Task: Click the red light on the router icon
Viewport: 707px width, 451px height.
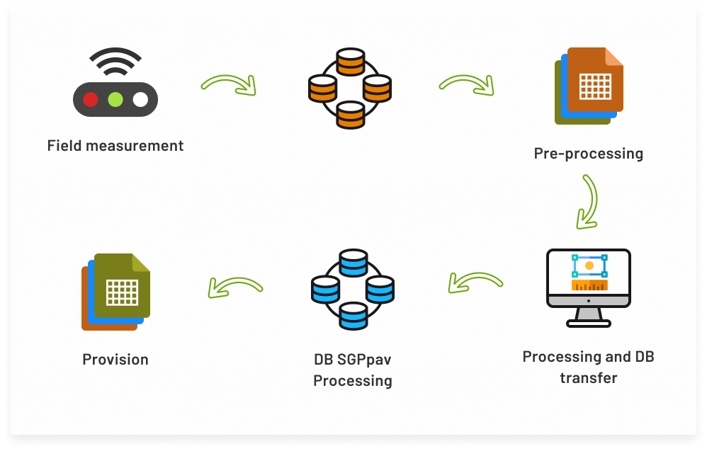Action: [91, 99]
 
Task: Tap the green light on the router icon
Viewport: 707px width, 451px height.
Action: [115, 99]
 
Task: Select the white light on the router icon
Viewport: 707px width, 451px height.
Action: [140, 99]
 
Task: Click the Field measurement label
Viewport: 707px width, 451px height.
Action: [115, 146]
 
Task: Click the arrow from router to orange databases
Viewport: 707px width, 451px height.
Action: [228, 85]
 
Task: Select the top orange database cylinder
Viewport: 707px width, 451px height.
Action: [349, 62]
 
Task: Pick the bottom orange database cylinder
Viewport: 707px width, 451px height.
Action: [349, 115]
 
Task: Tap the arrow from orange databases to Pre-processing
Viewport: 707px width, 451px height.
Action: [465, 85]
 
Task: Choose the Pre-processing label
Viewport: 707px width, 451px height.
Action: [589, 154]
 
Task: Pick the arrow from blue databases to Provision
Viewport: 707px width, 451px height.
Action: [236, 286]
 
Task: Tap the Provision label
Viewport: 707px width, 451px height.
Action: [115, 360]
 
